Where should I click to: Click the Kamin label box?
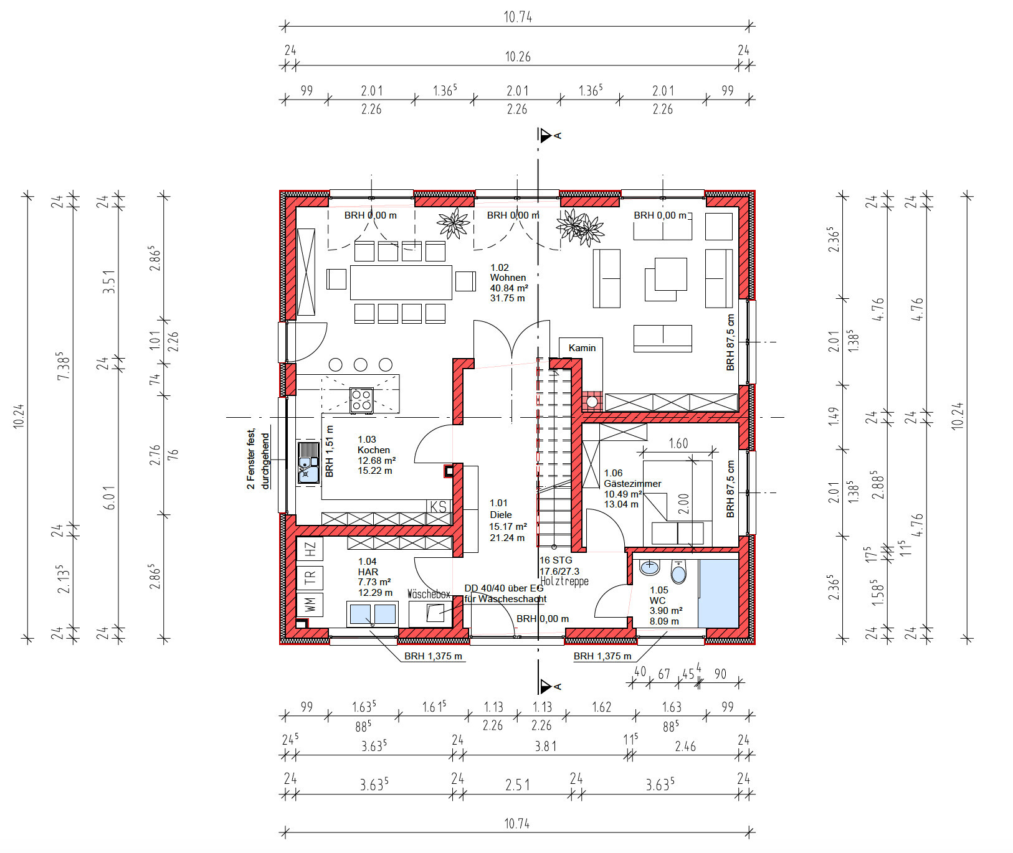(581, 348)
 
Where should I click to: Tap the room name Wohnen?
(508, 278)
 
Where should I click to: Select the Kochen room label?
(374, 450)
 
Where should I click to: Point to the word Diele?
(501, 514)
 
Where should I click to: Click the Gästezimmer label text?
(632, 483)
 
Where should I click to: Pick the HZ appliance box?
(310, 549)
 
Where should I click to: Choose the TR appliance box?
(310, 578)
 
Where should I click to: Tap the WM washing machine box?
(310, 604)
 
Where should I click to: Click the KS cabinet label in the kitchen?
(439, 506)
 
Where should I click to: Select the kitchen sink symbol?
(308, 462)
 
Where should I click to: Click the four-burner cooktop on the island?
(361, 400)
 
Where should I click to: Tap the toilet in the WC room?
(678, 572)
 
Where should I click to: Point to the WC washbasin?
(650, 567)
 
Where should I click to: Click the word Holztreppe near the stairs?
(564, 582)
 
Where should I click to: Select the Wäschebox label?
(429, 595)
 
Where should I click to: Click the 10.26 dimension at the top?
(518, 57)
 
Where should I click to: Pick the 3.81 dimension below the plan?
(546, 746)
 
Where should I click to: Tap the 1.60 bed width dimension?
(678, 443)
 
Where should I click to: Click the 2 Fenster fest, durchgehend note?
(258, 459)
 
